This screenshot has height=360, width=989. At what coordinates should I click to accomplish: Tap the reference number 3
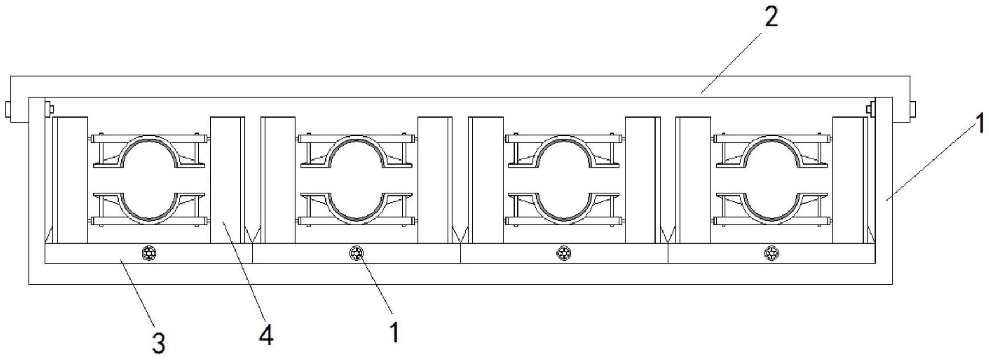coord(159,343)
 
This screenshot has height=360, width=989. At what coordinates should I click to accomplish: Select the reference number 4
coord(266,335)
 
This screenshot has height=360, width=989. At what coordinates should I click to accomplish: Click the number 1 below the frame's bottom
coord(394,332)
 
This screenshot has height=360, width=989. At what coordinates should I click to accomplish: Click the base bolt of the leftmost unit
coord(150,252)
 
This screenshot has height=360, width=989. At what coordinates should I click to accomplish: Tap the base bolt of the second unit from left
coord(357,252)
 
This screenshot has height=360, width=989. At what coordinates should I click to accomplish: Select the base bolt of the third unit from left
coord(564,252)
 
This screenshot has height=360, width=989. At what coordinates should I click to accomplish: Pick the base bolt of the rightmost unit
coord(772,252)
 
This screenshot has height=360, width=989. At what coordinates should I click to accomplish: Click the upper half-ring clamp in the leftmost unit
coord(149,138)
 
